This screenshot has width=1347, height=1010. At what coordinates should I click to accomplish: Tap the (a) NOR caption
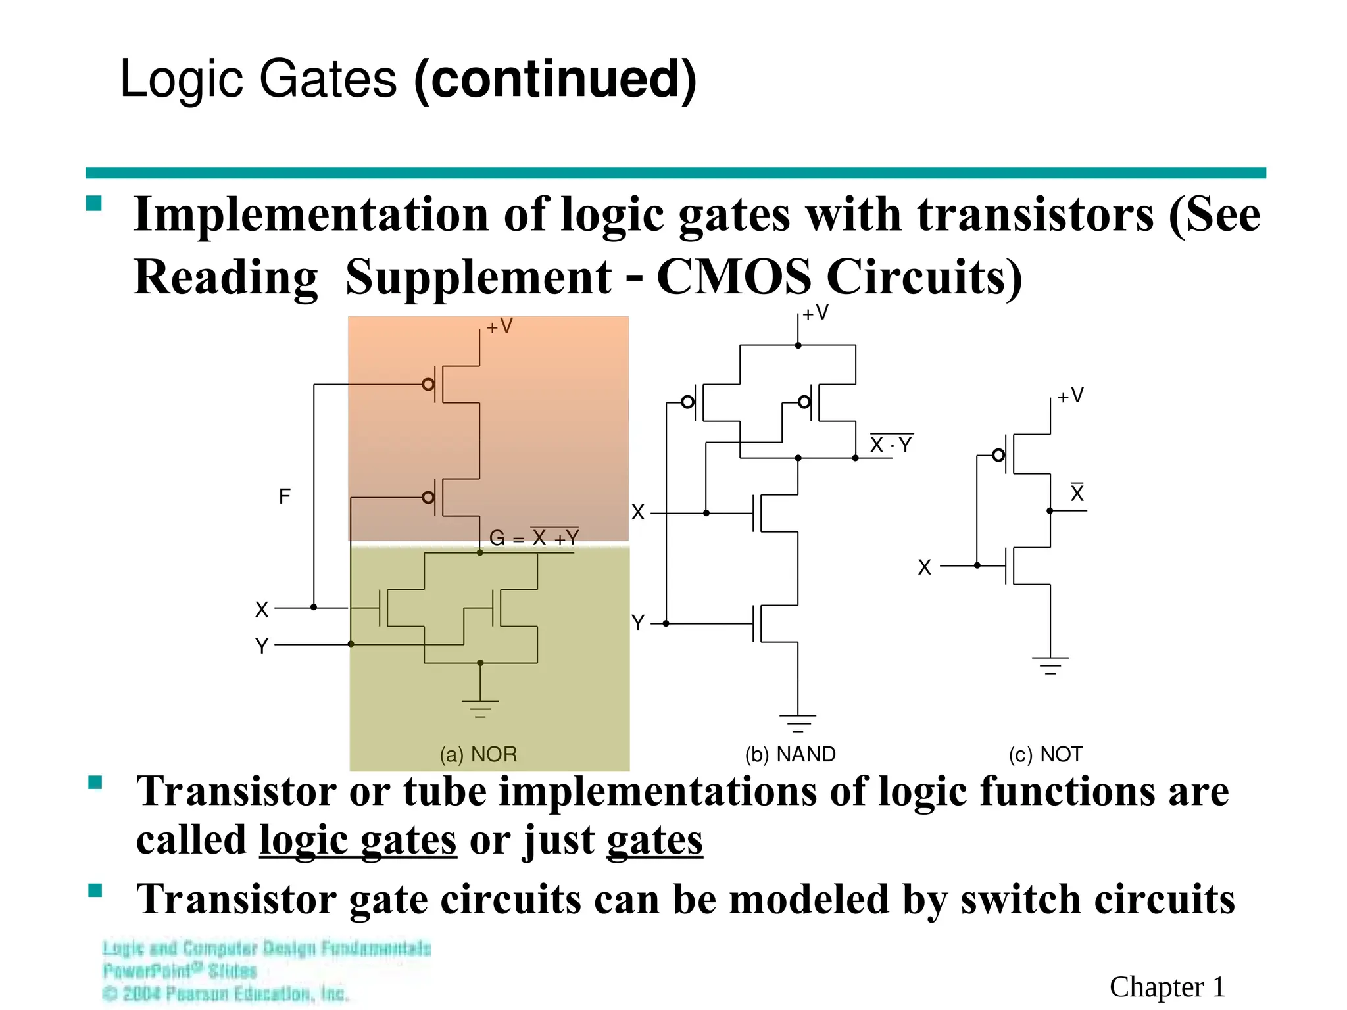478,754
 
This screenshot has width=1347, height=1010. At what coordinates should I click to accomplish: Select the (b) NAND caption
790,754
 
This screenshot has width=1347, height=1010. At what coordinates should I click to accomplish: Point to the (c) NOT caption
1045,754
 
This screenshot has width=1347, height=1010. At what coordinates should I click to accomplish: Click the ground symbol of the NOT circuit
1050,665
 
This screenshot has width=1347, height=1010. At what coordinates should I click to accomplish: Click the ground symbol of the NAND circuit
798,723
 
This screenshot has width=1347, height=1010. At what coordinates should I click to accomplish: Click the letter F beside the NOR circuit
284,496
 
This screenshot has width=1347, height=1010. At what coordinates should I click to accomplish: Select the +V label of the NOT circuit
1070,396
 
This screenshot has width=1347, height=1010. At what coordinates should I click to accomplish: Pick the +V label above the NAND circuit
815,313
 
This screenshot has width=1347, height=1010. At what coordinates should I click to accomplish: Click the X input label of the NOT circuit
925,567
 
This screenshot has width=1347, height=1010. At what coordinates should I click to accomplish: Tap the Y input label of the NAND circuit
637,622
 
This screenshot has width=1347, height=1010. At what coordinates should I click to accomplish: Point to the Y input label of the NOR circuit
262,646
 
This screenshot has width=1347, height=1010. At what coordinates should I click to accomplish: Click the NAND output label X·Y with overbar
891,445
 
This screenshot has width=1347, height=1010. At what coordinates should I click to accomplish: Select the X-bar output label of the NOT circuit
1077,493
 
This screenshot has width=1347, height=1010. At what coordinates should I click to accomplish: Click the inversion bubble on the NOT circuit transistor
998,455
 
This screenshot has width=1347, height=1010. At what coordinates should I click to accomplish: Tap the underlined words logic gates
358,840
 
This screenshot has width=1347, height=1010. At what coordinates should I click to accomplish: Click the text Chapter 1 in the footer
1167,987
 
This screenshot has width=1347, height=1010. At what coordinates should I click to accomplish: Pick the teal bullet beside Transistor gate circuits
95,891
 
